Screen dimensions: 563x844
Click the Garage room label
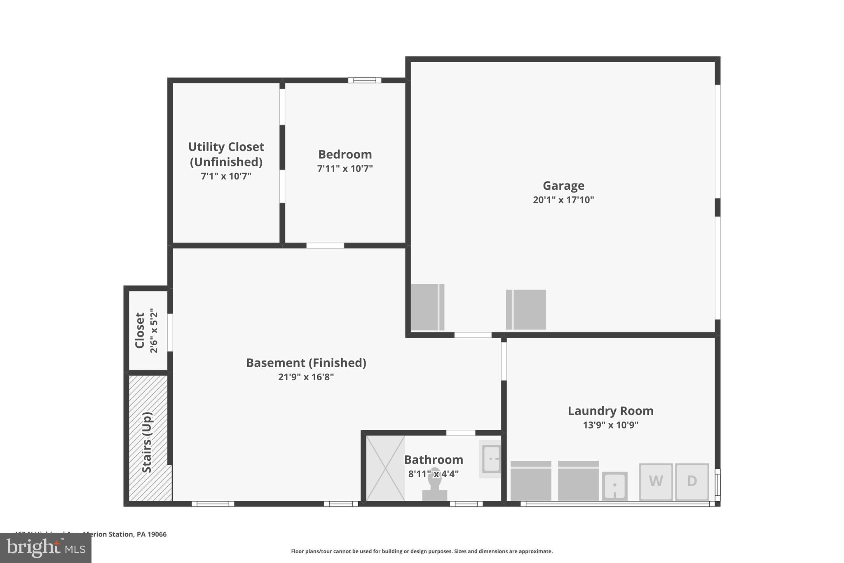(x=563, y=186)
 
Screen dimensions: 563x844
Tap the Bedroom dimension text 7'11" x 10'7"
(x=345, y=169)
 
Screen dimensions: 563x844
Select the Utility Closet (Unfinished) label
(x=226, y=154)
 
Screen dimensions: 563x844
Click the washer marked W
(x=656, y=481)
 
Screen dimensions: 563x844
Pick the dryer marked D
(x=692, y=481)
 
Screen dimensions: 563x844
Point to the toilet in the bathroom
(x=434, y=485)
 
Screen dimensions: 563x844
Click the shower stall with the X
(x=385, y=468)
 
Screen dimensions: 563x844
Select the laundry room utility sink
(x=614, y=486)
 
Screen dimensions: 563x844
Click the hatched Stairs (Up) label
(x=147, y=442)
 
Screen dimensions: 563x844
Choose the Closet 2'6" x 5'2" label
(x=146, y=330)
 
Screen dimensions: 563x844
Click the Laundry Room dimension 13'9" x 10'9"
(x=610, y=425)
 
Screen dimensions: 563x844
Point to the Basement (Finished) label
(x=306, y=363)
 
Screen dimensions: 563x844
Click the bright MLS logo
(x=46, y=548)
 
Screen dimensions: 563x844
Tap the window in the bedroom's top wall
(x=364, y=80)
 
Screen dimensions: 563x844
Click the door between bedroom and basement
(x=325, y=246)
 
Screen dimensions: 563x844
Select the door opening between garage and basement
(x=473, y=335)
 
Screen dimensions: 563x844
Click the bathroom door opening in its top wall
(x=460, y=433)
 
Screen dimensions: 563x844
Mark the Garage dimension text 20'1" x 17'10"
(x=563, y=200)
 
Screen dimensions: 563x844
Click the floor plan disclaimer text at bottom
(x=422, y=551)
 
